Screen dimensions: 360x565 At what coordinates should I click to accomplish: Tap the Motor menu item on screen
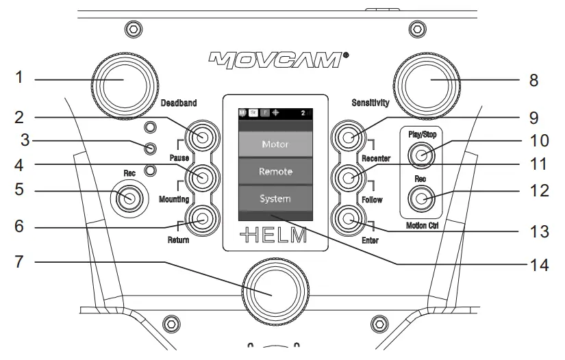(x=275, y=145)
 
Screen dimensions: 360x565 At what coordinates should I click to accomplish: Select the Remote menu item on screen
(x=275, y=172)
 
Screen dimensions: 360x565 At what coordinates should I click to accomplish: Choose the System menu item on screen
(x=275, y=198)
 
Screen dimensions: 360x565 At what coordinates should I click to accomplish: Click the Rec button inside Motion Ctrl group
(x=421, y=199)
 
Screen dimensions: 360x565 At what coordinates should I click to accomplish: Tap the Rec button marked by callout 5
(x=127, y=199)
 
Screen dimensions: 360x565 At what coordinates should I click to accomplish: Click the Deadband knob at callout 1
(x=124, y=81)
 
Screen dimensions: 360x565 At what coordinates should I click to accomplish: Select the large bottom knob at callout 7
(x=275, y=289)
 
